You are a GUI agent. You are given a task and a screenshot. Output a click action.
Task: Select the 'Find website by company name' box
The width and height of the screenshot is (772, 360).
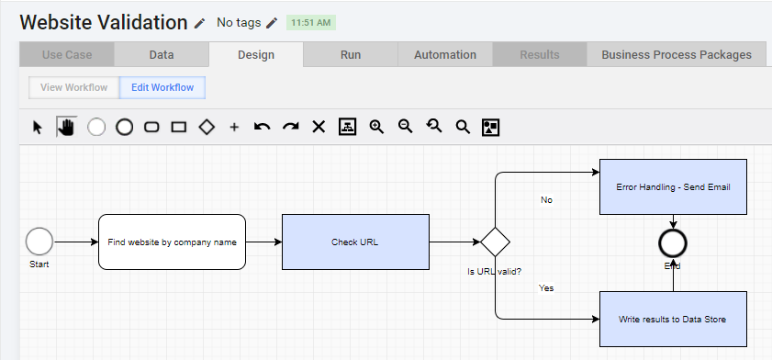click(x=172, y=242)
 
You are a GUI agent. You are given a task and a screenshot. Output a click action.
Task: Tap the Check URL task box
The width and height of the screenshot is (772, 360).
click(x=355, y=242)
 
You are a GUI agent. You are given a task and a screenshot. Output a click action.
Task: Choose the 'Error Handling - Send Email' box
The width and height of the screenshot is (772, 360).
click(x=673, y=186)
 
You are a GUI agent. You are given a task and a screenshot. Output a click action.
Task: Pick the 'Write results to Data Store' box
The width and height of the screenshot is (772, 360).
click(x=673, y=319)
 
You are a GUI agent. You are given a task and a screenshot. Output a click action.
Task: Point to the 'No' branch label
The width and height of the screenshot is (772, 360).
click(x=546, y=200)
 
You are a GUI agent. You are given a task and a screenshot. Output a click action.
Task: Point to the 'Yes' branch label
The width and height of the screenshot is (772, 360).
click(x=546, y=288)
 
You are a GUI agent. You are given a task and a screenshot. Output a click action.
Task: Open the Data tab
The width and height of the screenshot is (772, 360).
click(x=162, y=55)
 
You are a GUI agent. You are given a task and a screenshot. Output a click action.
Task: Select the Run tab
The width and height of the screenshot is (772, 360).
click(x=351, y=55)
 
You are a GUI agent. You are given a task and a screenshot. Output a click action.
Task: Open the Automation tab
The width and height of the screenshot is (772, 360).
click(x=445, y=55)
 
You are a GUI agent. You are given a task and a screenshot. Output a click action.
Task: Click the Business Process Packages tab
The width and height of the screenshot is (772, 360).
click(x=677, y=55)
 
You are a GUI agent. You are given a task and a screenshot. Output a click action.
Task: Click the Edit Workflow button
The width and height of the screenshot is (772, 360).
click(x=162, y=87)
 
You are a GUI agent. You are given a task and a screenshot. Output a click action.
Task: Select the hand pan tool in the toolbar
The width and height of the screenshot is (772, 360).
click(x=66, y=127)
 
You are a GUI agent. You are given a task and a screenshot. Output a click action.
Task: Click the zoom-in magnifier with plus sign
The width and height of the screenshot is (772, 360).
click(x=376, y=127)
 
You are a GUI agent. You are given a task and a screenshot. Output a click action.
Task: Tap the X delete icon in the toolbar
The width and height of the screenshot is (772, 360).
click(x=319, y=127)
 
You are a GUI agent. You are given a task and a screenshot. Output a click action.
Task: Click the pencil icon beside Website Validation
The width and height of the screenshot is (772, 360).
click(x=199, y=23)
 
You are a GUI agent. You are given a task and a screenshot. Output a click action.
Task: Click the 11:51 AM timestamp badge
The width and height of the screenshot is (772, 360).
click(x=311, y=23)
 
